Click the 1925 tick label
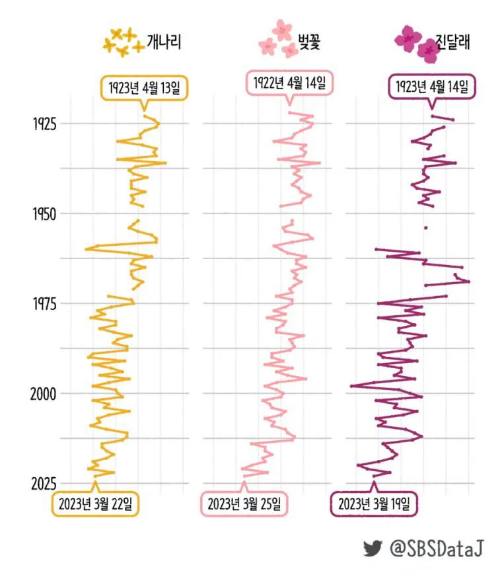click(45, 124)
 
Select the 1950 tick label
click(45, 213)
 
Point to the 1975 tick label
click(45, 304)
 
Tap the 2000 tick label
click(44, 394)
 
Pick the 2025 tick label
click(44, 484)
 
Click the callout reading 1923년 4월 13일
click(145, 89)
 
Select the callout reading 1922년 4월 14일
click(289, 83)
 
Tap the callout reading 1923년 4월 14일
click(432, 87)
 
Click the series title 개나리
click(164, 42)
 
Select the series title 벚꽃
click(309, 41)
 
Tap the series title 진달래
click(453, 41)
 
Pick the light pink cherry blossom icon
click(279, 39)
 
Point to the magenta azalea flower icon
click(417, 44)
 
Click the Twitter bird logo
click(373, 549)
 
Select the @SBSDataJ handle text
click(437, 549)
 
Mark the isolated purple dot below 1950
click(426, 228)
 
